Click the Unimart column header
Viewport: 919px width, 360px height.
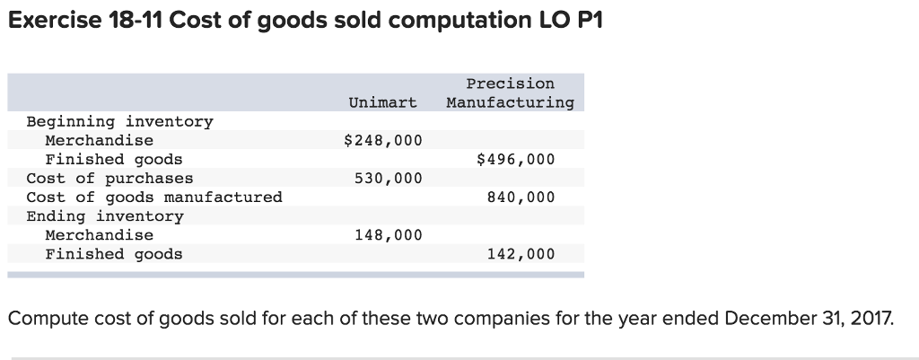382,102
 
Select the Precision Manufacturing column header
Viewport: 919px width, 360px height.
510,93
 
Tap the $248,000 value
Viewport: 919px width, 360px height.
382,140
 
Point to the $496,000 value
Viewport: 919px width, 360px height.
515,159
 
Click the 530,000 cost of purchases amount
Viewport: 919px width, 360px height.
388,178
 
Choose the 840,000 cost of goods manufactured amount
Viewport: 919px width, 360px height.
521,197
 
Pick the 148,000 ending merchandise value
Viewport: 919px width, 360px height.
388,234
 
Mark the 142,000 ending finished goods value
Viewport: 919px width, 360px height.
521,254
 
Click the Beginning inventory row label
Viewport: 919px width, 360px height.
119,121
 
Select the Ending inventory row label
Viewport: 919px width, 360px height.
105,216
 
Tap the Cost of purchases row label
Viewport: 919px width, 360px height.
109,178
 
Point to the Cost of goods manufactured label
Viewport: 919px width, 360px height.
154,197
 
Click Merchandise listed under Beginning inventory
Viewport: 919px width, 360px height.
99,140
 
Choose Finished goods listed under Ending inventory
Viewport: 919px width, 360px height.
114,254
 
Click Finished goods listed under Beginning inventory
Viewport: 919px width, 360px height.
114,159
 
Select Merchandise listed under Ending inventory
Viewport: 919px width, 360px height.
99,235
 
